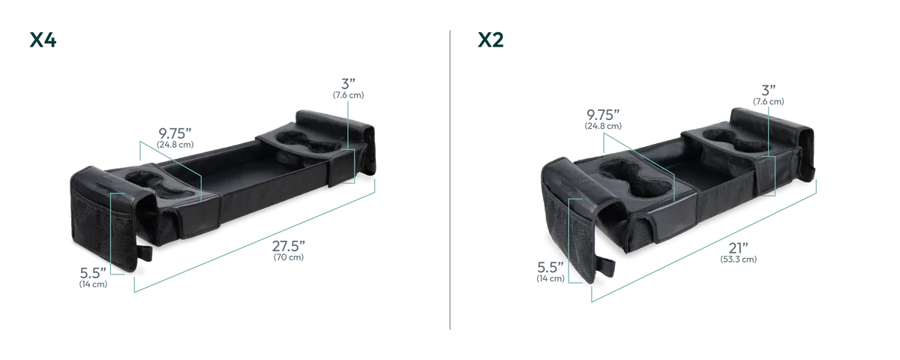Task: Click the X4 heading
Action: (x=43, y=40)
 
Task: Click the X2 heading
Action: (x=490, y=40)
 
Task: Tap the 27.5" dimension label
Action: (x=289, y=246)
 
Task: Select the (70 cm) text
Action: (x=289, y=257)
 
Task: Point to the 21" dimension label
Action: (x=738, y=248)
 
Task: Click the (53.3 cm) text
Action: (x=738, y=259)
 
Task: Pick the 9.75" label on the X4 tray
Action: (x=175, y=133)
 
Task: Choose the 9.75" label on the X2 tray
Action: (x=603, y=115)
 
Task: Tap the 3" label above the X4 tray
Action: (x=348, y=84)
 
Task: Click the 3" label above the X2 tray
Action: (x=768, y=91)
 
